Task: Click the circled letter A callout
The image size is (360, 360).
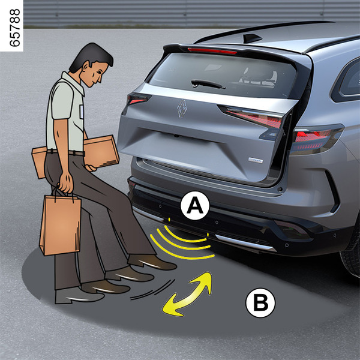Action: point(195,205)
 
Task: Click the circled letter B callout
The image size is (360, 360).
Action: point(260,302)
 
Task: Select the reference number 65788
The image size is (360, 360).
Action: point(15,28)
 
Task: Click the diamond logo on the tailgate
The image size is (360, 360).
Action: point(182,109)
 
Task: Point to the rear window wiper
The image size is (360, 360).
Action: point(208,84)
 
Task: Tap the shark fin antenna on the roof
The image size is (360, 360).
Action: point(252,38)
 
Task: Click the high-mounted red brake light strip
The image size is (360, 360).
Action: point(212,51)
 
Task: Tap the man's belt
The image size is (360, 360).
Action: point(65,152)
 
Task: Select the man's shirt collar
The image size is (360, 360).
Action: point(73,82)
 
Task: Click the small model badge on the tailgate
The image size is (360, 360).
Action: point(256,160)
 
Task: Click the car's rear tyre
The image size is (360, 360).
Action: point(350,255)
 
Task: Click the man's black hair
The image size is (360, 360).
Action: point(92,56)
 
